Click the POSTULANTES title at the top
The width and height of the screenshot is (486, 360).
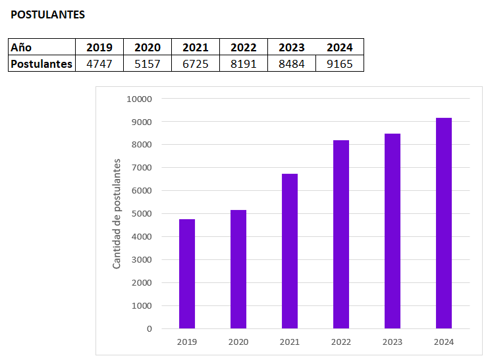coord(48,14)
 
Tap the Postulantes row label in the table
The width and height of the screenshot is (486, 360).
coord(41,64)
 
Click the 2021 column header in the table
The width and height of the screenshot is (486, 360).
coord(196,47)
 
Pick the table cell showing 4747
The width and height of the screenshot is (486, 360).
coord(99,64)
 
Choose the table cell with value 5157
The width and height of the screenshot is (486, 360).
coord(148,64)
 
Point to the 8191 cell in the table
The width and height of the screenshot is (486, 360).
coord(244,64)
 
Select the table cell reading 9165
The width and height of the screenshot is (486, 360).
coord(340,64)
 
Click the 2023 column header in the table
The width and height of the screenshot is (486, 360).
coord(292,47)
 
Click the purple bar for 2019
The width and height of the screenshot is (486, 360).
coord(187,274)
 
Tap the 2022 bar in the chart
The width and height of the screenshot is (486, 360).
coord(341,234)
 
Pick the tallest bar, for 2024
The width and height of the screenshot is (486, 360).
coord(444,223)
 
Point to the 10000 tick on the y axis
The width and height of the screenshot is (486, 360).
coord(139,99)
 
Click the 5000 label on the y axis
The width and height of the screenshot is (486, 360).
coord(141,214)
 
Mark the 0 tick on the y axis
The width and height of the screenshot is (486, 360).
coord(149,328)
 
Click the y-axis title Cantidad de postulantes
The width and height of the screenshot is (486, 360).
coord(117,214)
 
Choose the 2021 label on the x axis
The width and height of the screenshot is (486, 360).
coord(290,342)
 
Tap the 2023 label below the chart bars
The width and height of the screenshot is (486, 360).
coord(392,342)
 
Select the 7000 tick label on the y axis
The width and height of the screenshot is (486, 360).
coord(141,168)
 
